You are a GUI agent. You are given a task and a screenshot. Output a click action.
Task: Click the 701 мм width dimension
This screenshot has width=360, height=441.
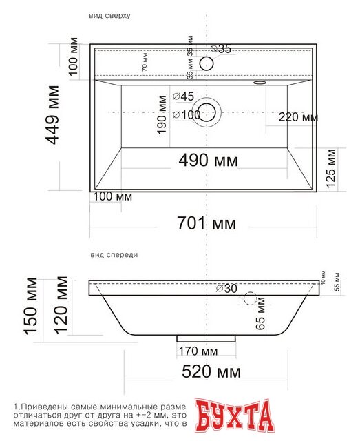click(207, 223)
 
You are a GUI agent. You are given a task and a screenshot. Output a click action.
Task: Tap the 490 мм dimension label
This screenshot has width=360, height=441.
click(208, 161)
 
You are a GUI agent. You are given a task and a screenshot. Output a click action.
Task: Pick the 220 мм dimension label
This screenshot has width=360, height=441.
click(298, 117)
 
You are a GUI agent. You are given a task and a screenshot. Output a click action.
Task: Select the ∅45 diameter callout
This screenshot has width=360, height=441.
click(183, 96)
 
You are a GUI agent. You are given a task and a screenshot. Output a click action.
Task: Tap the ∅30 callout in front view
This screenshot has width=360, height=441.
click(226, 289)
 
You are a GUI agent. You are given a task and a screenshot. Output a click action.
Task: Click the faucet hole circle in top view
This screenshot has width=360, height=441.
click(206, 64)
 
